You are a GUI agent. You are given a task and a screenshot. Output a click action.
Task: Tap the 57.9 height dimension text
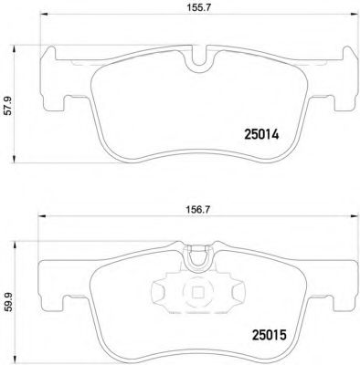tap(9, 105)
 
